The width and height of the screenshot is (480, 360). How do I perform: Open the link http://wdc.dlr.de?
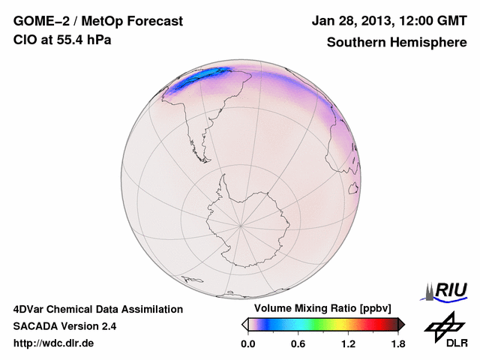coord(54,343)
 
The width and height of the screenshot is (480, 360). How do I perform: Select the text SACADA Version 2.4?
coord(64,326)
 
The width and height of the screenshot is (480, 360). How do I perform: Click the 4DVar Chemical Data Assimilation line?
coord(97,309)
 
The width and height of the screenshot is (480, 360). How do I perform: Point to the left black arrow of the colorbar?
coord(244,323)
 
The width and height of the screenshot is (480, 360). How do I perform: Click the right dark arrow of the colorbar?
coord(401,323)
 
